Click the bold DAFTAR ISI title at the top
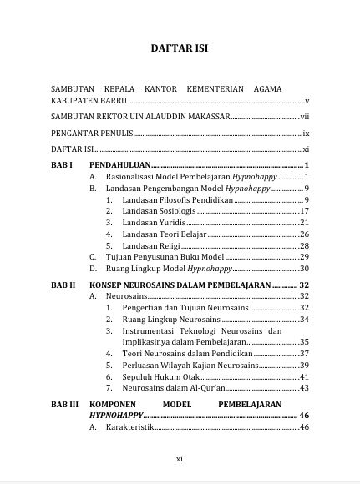(x=180, y=48)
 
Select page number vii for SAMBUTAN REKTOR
(x=305, y=117)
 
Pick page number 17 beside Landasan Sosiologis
(x=305, y=211)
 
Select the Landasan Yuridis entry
(x=150, y=223)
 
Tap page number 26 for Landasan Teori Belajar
(x=305, y=234)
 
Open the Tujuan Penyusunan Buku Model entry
(x=163, y=257)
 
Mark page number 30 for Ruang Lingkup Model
(x=305, y=269)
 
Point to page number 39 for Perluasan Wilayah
(x=305, y=365)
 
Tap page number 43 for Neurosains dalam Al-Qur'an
(x=305, y=387)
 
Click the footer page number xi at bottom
(x=180, y=458)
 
